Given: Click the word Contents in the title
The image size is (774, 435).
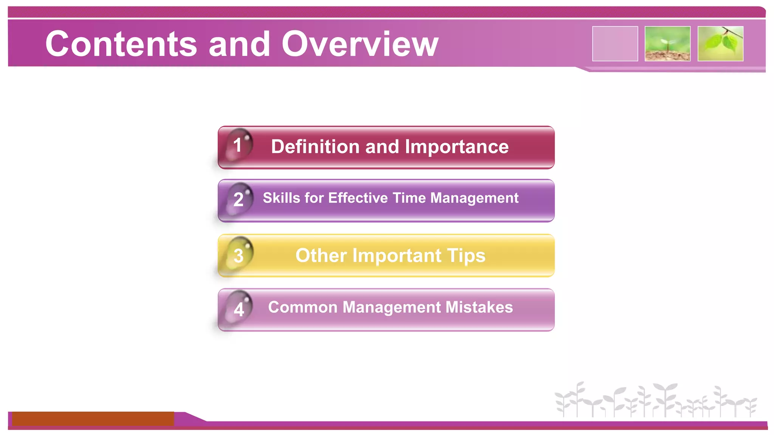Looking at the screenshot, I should [x=121, y=44].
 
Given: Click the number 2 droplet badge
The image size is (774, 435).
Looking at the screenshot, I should [x=238, y=199].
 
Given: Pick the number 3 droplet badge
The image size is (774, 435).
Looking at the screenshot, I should [x=238, y=255].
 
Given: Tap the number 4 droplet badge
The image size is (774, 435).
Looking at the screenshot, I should [x=238, y=309].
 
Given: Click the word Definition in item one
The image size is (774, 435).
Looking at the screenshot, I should [x=315, y=147].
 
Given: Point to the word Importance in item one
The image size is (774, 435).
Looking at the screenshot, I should [x=457, y=147].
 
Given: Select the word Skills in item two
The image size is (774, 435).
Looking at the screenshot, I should [x=282, y=198].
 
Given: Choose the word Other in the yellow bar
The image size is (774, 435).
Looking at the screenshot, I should [x=321, y=256].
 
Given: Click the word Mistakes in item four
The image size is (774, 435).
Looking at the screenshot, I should [x=479, y=307].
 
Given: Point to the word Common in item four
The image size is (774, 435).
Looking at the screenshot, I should [x=302, y=307].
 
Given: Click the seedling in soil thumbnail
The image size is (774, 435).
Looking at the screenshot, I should [x=667, y=43].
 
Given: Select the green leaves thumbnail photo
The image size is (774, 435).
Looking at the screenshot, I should [x=720, y=43].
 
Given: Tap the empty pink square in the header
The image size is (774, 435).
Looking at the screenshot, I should [x=615, y=43].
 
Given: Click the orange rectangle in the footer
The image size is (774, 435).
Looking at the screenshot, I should [x=93, y=418].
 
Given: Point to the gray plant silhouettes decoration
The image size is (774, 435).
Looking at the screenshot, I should [x=656, y=400].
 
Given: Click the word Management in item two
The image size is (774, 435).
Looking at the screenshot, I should [x=474, y=198].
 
